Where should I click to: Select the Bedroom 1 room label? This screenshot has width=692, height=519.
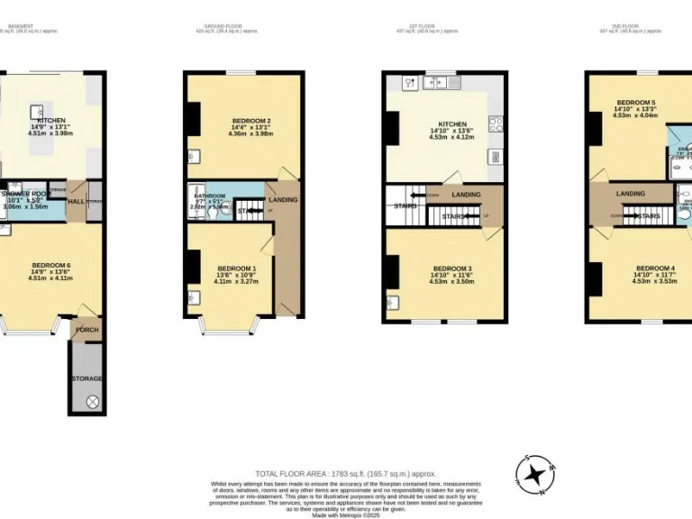pos(236,269)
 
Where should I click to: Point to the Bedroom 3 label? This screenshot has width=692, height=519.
pos(451,269)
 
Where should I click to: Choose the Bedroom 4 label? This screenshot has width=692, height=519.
pos(654,269)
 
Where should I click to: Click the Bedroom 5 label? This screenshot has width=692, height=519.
pos(636,103)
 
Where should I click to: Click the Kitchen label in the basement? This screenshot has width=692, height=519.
pos(51,120)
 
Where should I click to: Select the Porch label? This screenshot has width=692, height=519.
pos(86,330)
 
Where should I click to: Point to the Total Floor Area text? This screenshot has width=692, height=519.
pos(345,474)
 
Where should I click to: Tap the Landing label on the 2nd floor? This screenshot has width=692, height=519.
pos(630,193)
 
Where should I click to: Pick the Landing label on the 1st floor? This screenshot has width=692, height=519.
pos(466,195)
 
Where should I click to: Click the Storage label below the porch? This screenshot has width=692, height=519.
pos(87,378)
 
